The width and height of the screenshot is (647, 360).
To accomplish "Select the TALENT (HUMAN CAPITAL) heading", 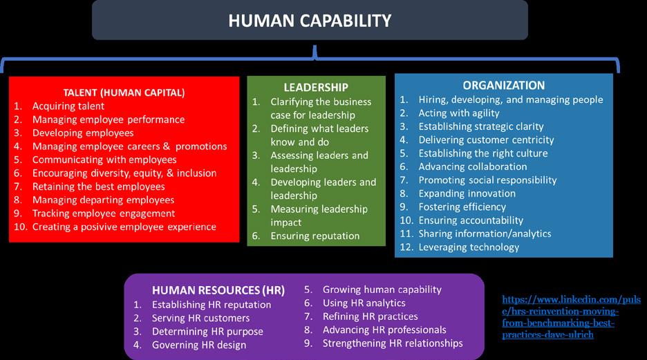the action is click(124, 92).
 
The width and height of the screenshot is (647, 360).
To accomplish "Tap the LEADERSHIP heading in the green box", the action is click(316, 87).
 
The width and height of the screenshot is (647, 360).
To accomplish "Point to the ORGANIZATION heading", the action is click(504, 85).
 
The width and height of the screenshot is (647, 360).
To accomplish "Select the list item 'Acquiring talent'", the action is click(68, 106).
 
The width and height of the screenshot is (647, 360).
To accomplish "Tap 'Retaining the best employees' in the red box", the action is click(98, 187).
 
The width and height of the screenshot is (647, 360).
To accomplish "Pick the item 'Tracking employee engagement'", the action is click(103, 214).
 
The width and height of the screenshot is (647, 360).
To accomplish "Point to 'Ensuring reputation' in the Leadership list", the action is click(315, 236).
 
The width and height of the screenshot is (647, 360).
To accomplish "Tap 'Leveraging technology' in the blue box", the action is click(469, 247).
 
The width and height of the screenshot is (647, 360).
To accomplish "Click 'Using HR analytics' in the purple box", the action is click(364, 303).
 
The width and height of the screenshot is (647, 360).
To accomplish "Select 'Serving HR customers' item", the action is click(200, 318).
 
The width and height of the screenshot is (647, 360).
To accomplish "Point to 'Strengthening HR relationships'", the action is click(392, 343).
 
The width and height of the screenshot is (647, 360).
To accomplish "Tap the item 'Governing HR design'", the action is click(199, 345).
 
